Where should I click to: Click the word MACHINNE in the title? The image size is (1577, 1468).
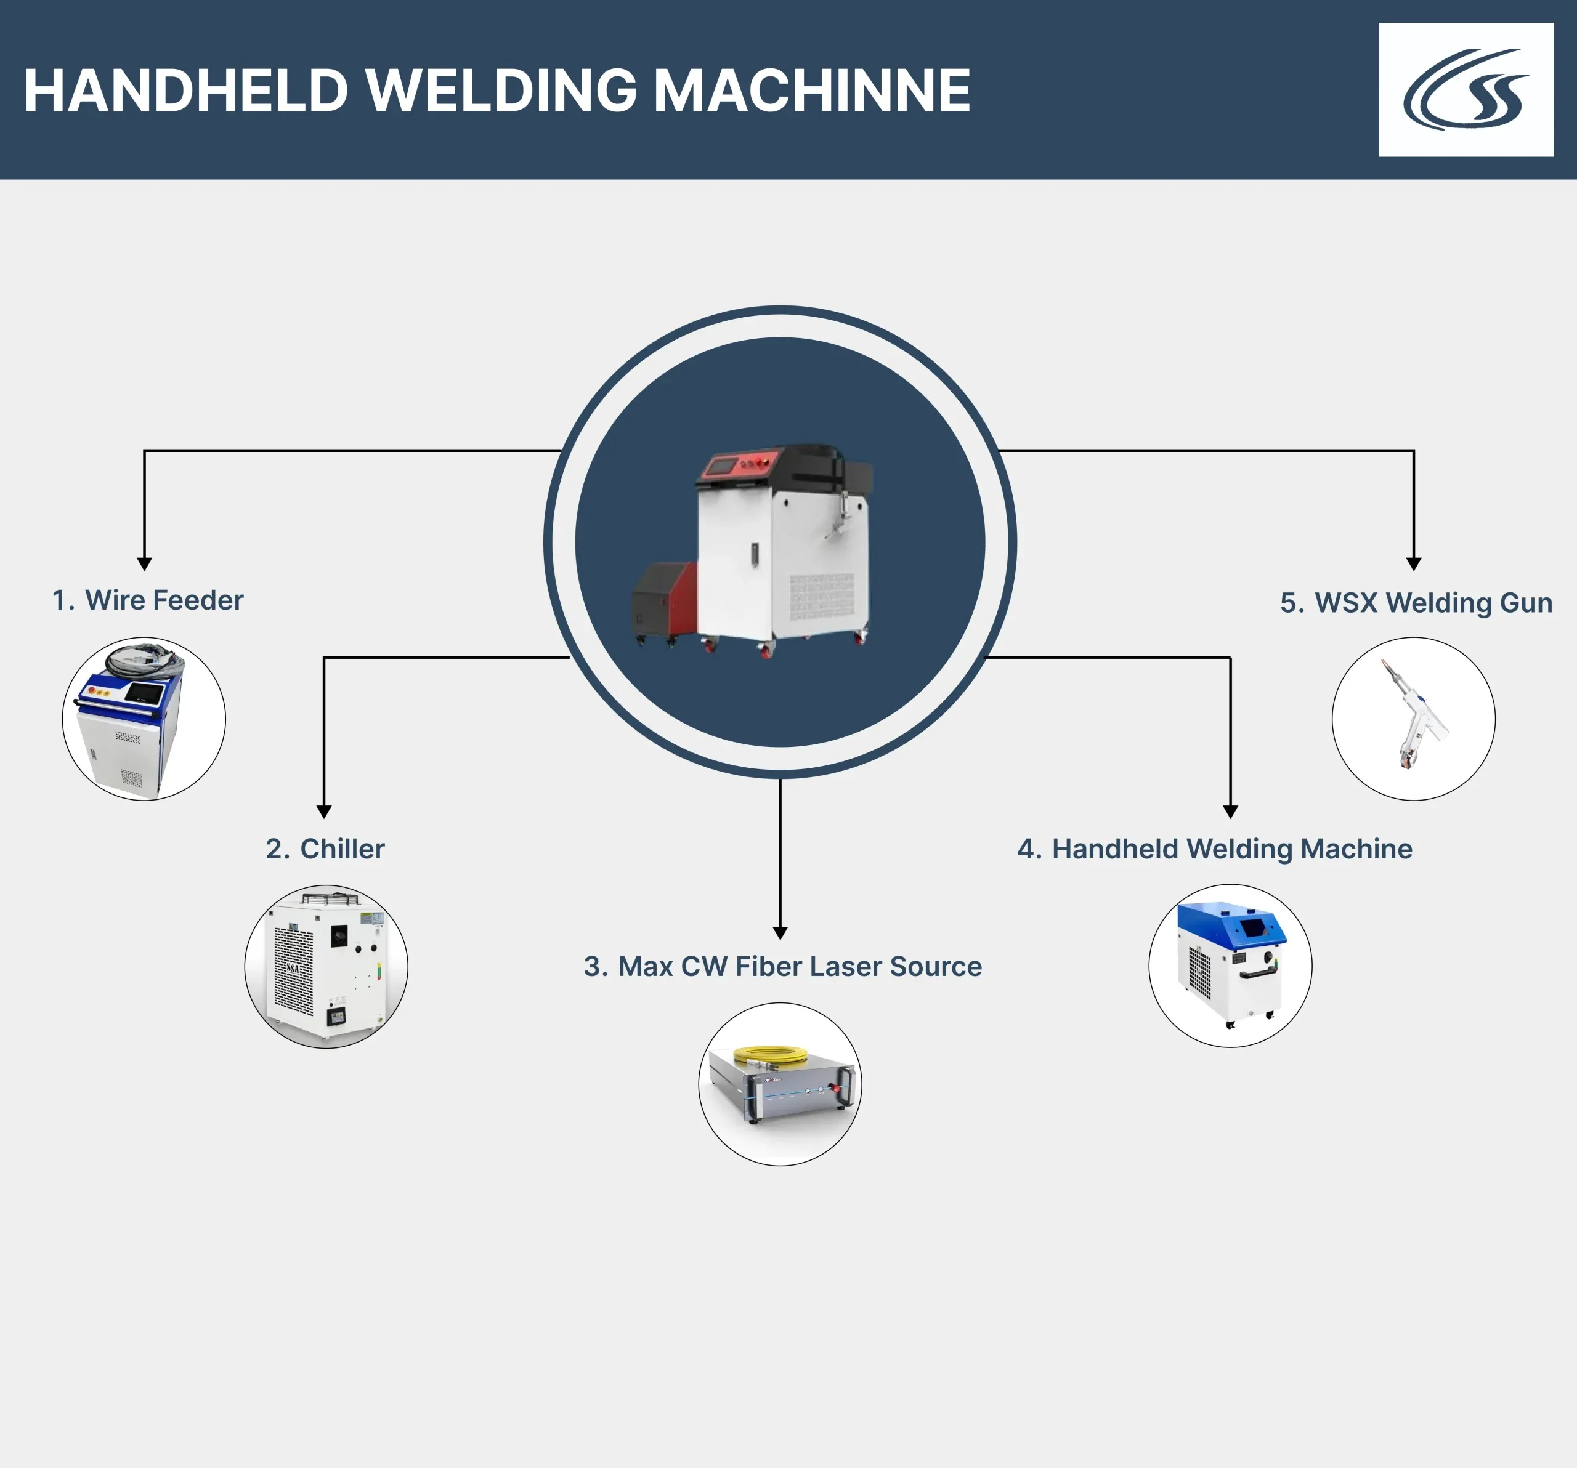tap(811, 91)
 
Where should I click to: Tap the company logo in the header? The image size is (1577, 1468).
tap(1466, 90)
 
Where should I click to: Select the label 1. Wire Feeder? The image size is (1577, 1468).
tap(148, 600)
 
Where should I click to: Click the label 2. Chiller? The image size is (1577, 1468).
tap(325, 849)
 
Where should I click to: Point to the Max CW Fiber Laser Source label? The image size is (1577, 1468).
tap(782, 966)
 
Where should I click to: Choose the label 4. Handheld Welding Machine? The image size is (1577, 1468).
tap(1215, 849)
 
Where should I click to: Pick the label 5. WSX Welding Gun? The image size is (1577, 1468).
tap(1416, 603)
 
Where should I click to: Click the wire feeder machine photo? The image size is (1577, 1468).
tap(144, 719)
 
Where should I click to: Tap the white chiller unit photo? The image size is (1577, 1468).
tap(326, 966)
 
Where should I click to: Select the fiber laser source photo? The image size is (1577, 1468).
tap(780, 1084)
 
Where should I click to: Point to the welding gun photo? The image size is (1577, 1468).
tap(1414, 719)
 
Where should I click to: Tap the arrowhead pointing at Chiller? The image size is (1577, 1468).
tap(323, 812)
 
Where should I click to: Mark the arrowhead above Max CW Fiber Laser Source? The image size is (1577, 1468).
tap(780, 933)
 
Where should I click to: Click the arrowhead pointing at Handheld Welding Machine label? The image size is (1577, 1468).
tap(1230, 812)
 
